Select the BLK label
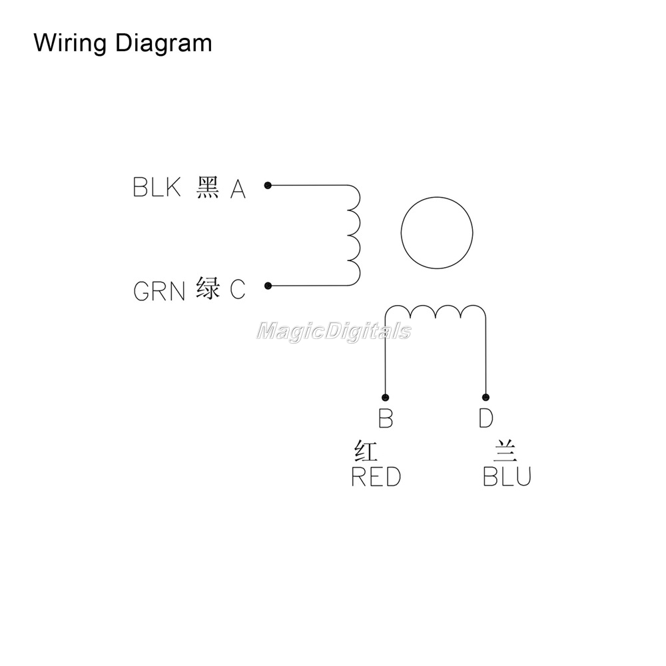(x=157, y=187)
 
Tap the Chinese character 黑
(x=208, y=187)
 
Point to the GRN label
(x=159, y=291)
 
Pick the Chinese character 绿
(x=208, y=288)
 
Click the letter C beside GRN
(x=238, y=290)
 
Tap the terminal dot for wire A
(x=268, y=186)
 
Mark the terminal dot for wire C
(x=268, y=286)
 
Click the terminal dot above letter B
(x=385, y=398)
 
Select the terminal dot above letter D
(x=486, y=397)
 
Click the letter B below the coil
(x=385, y=418)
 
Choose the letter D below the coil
(x=486, y=418)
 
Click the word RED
(x=376, y=477)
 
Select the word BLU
(x=507, y=477)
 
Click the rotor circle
(x=437, y=232)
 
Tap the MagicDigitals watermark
(x=334, y=331)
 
